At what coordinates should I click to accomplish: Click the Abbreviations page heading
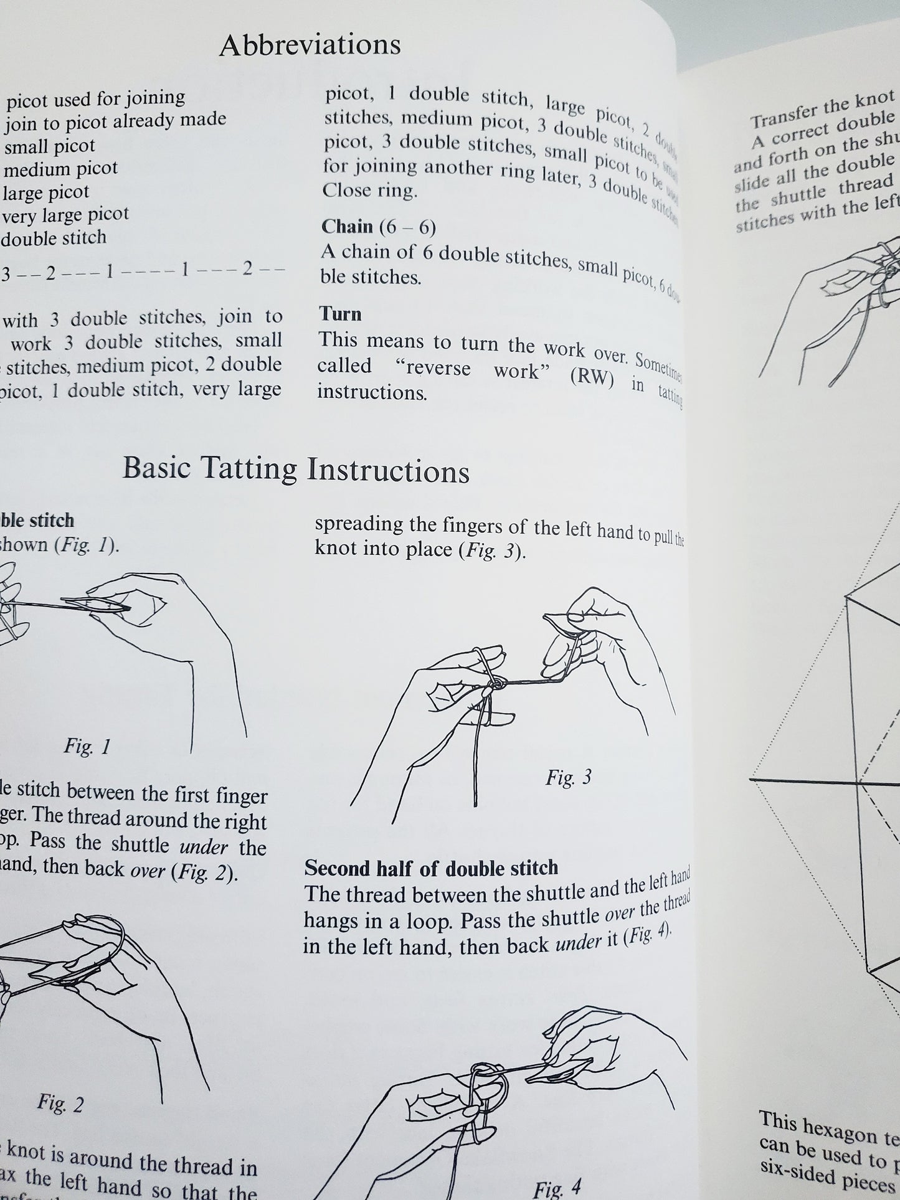point(310,45)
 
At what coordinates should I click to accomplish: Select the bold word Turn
point(340,314)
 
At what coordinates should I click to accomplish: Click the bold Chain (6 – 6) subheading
point(378,227)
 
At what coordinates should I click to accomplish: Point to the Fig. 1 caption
point(87,746)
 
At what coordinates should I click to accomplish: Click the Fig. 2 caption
point(60,1103)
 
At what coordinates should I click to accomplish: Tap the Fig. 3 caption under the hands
point(568,777)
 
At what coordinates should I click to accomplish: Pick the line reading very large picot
point(65,215)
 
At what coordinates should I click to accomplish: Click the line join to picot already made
point(115,120)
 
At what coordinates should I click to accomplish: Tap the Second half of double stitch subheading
point(431,868)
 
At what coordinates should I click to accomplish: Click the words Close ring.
point(369,191)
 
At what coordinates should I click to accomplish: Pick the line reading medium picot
point(60,168)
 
